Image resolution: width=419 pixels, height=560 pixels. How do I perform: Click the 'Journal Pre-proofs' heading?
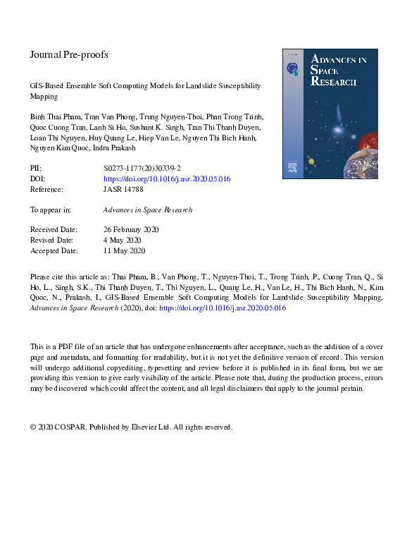pyautogui.click(x=69, y=54)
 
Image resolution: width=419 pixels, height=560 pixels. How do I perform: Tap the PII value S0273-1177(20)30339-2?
pyautogui.click(x=142, y=169)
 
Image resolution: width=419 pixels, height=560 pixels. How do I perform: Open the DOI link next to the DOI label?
pyautogui.click(x=166, y=179)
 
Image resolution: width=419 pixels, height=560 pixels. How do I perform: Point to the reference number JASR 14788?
pyautogui.click(x=124, y=190)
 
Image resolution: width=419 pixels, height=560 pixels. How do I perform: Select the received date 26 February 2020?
pyautogui.click(x=131, y=230)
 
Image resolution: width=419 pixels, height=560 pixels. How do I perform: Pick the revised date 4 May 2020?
pyautogui.click(x=123, y=240)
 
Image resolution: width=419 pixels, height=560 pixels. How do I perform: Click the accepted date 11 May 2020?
pyautogui.click(x=125, y=250)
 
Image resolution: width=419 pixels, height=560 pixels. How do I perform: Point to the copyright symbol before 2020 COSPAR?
pyautogui.click(x=33, y=427)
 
